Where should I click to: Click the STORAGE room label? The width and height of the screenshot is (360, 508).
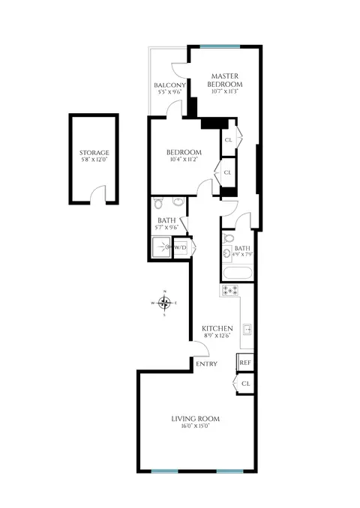[x=94, y=153]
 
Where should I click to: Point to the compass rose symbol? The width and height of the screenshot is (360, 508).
[x=165, y=303]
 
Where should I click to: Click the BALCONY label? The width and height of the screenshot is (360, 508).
[x=170, y=85]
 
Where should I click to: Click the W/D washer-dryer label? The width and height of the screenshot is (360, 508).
[x=181, y=248]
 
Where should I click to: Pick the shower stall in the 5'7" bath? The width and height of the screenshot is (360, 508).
[x=160, y=248]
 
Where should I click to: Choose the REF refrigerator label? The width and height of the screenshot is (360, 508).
[x=244, y=363]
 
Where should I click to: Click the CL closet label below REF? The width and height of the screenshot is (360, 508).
[x=245, y=384]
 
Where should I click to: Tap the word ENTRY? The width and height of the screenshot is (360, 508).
[x=205, y=364]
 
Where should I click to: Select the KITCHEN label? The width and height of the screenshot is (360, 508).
[x=217, y=328]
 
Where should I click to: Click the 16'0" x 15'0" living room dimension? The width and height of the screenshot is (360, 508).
[x=189, y=426]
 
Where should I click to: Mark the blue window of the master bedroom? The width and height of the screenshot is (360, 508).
[x=220, y=47]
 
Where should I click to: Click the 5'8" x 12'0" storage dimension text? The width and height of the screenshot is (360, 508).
[x=94, y=160]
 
